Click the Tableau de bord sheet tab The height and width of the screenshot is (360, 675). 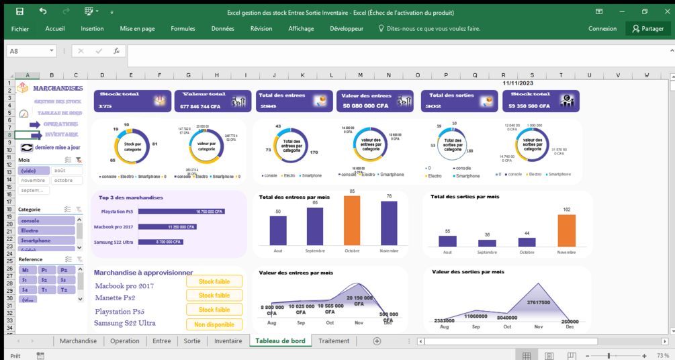[280, 341]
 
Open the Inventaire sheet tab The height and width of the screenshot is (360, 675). [228, 341]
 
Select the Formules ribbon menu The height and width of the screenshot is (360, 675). [183, 29]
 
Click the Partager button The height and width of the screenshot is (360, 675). [647, 29]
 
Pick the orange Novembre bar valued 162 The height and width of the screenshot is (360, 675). [567, 230]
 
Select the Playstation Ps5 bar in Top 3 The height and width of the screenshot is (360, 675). [181, 212]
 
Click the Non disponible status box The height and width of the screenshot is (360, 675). [214, 324]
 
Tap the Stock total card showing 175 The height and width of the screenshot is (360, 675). [132, 101]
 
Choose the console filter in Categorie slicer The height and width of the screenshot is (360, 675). [46, 220]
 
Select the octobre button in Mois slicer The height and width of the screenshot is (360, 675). [67, 181]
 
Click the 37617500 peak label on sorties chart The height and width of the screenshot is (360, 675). [539, 302]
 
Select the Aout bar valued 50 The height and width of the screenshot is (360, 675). [278, 230]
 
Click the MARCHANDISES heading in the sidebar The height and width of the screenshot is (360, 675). [58, 88]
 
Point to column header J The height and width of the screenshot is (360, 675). [274, 75]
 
